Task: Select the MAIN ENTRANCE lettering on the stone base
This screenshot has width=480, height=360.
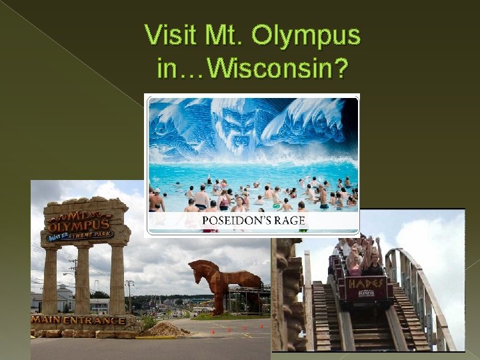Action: coord(78,320)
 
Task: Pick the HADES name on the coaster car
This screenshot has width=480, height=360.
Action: coord(365,283)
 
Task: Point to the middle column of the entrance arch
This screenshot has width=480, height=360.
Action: coord(83,280)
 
